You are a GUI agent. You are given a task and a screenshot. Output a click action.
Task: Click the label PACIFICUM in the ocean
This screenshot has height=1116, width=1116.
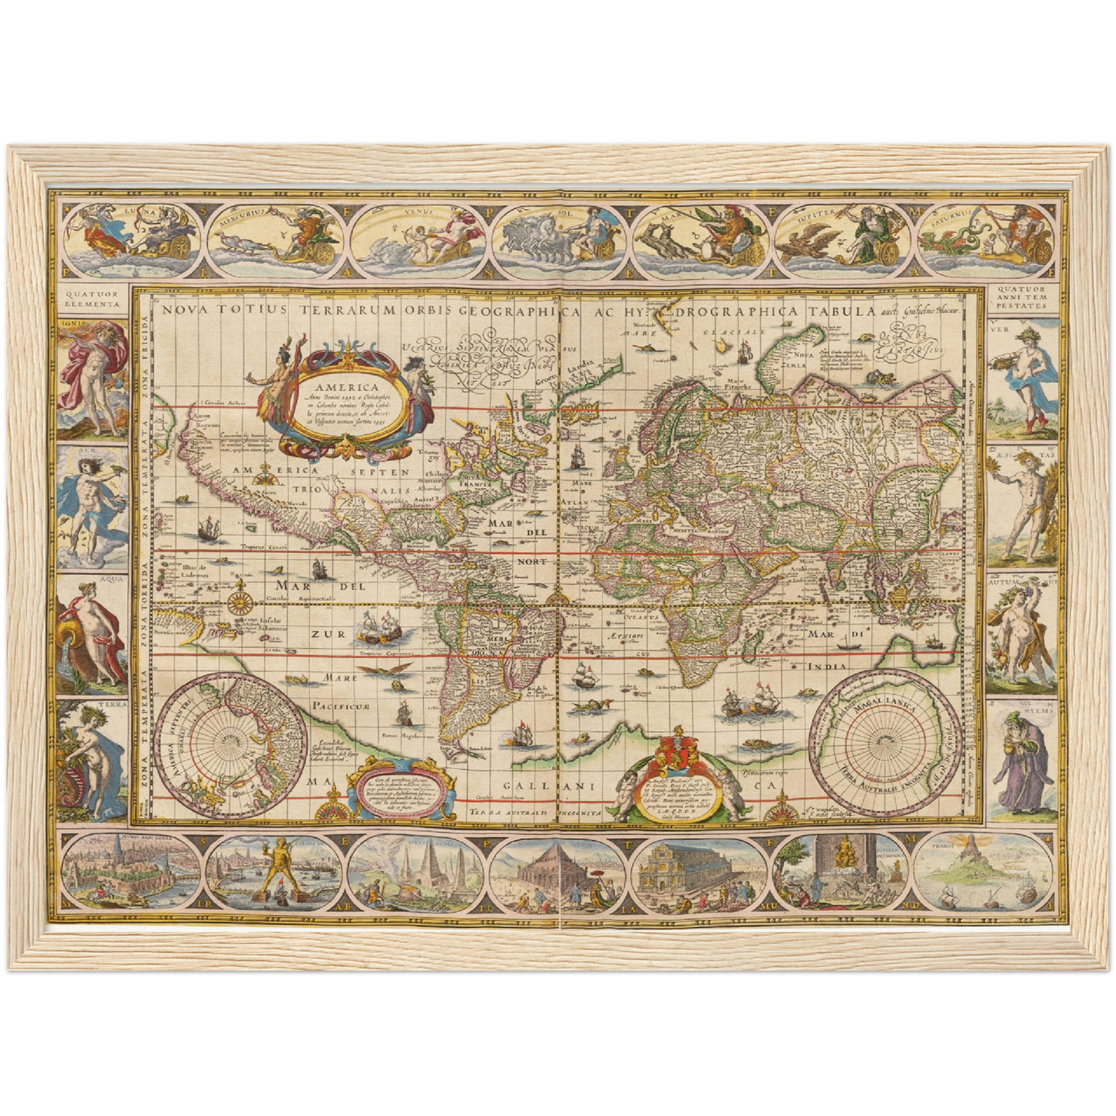[x=342, y=706]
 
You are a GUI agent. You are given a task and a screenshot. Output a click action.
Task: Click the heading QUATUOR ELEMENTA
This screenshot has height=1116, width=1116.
[x=93, y=299]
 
